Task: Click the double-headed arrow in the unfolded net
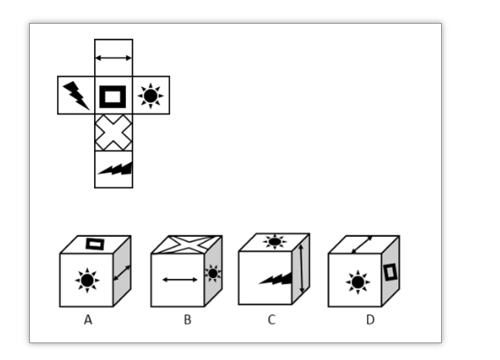point(114,58)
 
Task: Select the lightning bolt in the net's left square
point(77,95)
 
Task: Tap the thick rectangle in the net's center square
point(113,97)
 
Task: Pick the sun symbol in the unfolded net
point(151,96)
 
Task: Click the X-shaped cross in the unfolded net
point(114,132)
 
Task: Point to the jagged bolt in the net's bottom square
point(115,169)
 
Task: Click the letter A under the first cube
point(88,320)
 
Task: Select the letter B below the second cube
point(187,320)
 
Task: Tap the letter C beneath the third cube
point(271,320)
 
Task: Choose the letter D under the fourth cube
point(371,320)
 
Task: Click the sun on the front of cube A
point(87,280)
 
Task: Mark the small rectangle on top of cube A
point(95,244)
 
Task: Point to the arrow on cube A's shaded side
point(122,273)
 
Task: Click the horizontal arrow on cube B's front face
point(180,280)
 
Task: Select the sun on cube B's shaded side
point(213,273)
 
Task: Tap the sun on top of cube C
point(275,241)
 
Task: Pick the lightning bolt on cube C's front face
point(276,278)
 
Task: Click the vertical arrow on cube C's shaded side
point(301,268)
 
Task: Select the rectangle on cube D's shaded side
point(390,272)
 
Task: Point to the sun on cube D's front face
point(357,283)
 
